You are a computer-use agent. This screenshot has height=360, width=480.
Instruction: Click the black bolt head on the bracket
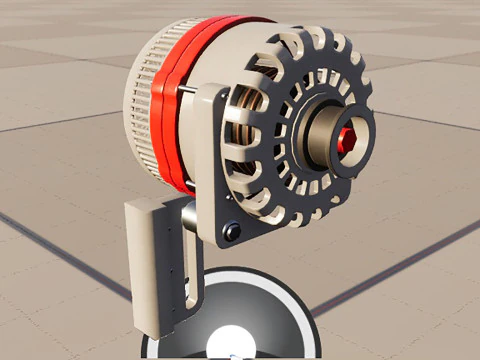tap(233, 232)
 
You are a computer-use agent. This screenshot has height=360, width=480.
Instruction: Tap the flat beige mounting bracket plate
tap(212, 170)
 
